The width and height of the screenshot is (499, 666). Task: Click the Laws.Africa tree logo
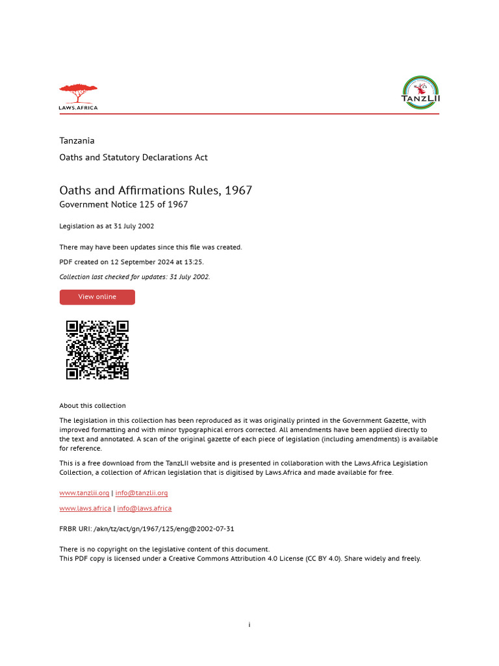pos(78,96)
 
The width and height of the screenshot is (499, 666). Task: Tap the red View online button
pos(97,297)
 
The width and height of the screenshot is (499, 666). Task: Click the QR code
pos(97,350)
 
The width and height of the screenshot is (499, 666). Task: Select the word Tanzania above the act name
pos(77,140)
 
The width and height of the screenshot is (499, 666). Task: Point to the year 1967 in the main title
pos(238,191)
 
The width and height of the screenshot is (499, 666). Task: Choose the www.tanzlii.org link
pos(84,493)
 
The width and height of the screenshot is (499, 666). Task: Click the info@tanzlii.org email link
pos(142,493)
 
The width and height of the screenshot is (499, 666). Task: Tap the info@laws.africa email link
pos(144,508)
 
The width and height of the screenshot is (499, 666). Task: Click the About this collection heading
pos(92,406)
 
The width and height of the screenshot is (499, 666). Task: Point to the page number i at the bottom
pos(249,625)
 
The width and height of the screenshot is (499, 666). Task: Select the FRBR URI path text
pos(164,529)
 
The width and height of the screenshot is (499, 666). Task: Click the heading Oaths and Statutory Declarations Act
pos(133,157)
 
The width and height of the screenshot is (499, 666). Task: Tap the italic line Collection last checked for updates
pos(134,276)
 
